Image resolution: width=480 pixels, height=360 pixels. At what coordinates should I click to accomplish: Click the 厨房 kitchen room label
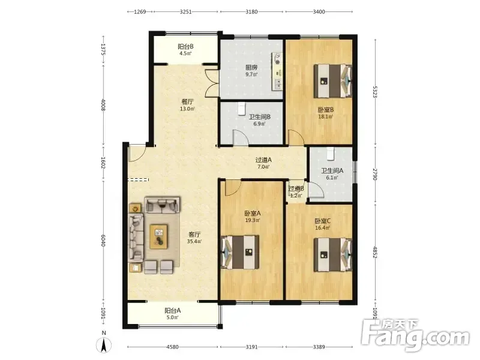[251, 67]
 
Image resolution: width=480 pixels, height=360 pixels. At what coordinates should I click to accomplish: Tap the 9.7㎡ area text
[251, 74]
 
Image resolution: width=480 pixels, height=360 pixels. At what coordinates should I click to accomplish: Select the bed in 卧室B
[333, 81]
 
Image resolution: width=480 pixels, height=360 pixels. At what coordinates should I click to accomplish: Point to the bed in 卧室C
[333, 255]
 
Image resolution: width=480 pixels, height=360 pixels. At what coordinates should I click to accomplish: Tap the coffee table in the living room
[158, 236]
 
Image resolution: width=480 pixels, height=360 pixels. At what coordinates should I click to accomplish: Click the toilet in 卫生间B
[242, 108]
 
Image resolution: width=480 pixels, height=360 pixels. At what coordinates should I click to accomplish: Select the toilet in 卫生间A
[331, 154]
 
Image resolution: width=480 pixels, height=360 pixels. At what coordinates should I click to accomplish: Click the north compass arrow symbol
[104, 346]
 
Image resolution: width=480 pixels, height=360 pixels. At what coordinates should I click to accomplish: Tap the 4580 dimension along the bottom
[172, 347]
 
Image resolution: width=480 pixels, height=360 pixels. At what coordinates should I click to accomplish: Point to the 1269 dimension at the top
[140, 12]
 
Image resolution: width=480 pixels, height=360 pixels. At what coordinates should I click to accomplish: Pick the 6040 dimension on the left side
[103, 241]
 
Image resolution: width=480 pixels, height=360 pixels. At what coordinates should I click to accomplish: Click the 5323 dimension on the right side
[374, 92]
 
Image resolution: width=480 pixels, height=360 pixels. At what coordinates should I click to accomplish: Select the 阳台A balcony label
[173, 310]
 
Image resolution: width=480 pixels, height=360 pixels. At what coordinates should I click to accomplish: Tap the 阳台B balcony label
[185, 47]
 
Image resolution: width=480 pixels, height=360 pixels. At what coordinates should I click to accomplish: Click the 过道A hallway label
[263, 160]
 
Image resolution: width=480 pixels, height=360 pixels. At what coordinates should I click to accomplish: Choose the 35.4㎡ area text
[194, 242]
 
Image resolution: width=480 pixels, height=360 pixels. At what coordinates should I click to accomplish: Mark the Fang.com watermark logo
[415, 335]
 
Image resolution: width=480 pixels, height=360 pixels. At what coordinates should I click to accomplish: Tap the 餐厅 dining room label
[187, 101]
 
